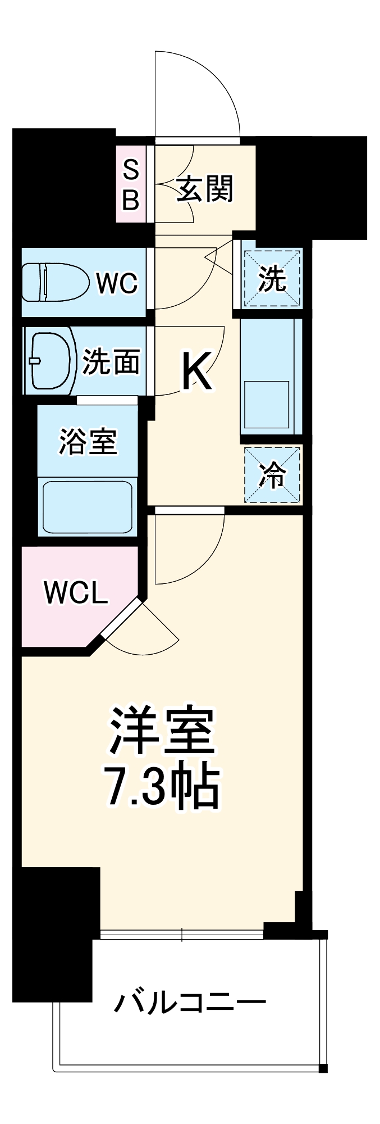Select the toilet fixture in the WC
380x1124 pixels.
pos(56,283)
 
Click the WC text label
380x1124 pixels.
pos(116,283)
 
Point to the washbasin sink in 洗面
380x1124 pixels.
pos(52,360)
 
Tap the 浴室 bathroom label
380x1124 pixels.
pos(88,442)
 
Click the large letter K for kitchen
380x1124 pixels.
pos(196,371)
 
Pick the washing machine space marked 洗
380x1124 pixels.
pos(272,279)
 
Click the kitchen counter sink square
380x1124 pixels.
pos(267,404)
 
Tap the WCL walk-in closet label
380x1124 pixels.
pos(75,593)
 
